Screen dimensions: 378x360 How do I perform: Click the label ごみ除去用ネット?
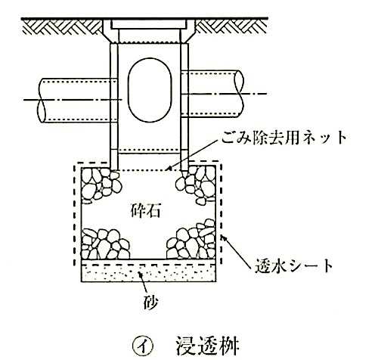[284, 138]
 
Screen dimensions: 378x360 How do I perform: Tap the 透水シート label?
[294, 265]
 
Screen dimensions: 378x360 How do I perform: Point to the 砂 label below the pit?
[150, 303]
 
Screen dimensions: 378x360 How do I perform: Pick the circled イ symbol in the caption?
[143, 346]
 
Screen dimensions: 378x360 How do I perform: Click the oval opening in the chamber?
[150, 90]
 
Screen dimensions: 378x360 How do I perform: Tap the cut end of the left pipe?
[42, 101]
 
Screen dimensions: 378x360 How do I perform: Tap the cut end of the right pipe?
[239, 94]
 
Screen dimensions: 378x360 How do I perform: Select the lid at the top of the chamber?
[150, 25]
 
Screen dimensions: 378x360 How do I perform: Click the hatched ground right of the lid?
[231, 26]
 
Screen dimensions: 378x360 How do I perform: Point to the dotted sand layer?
[148, 273]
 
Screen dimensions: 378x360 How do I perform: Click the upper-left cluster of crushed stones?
[100, 184]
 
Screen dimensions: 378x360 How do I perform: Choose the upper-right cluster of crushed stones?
[197, 185]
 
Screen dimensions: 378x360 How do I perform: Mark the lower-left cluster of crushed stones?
[104, 244]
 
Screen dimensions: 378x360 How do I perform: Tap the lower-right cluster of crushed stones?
[191, 241]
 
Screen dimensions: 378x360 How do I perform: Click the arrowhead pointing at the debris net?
[170, 168]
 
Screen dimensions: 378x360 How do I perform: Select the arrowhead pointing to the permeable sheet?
[225, 238]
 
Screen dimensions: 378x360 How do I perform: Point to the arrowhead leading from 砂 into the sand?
[141, 275]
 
